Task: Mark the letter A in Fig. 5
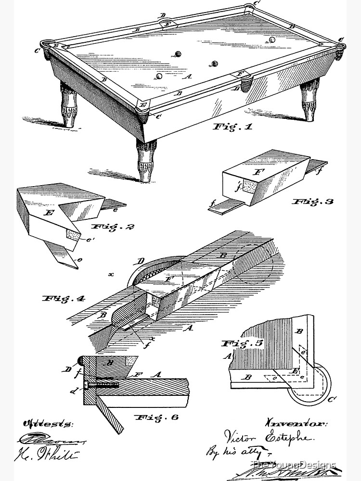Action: point(227,356)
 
